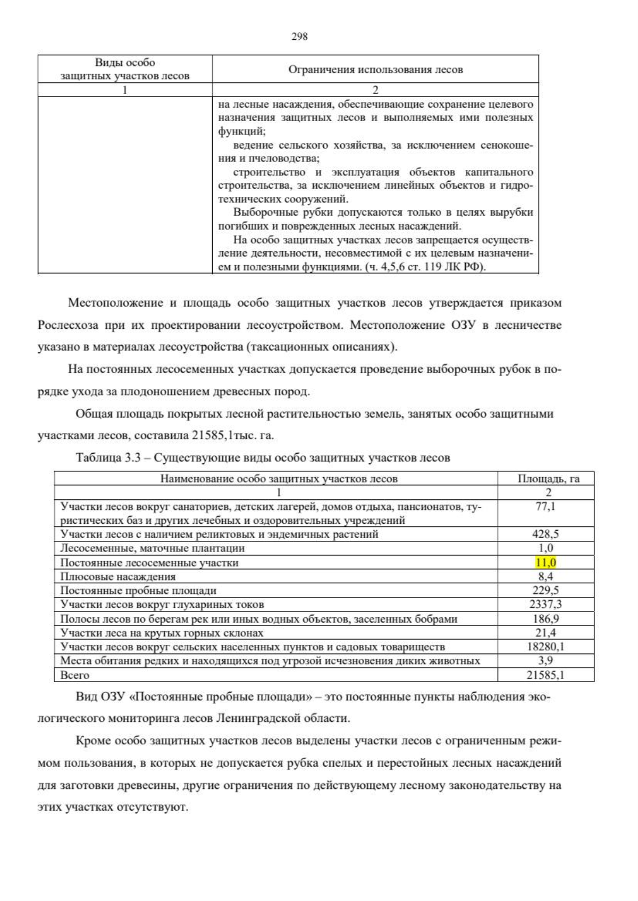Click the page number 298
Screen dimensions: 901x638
point(299,36)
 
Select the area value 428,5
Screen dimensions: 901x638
point(545,534)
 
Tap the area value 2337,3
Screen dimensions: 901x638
point(545,605)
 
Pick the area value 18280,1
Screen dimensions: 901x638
point(545,647)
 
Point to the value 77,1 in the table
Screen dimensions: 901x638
point(545,506)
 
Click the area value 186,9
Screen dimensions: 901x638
point(545,619)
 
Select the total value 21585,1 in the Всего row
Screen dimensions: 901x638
point(545,675)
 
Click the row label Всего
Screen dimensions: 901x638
point(75,675)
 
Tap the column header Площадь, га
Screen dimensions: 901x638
point(548,479)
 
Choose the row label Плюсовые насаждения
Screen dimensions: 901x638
point(118,576)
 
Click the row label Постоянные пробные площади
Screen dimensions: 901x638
point(138,591)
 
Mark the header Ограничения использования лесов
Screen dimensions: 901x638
point(375,70)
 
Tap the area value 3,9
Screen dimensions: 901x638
point(545,661)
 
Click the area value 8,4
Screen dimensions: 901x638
point(545,576)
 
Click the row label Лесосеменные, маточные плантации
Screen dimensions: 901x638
point(153,548)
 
